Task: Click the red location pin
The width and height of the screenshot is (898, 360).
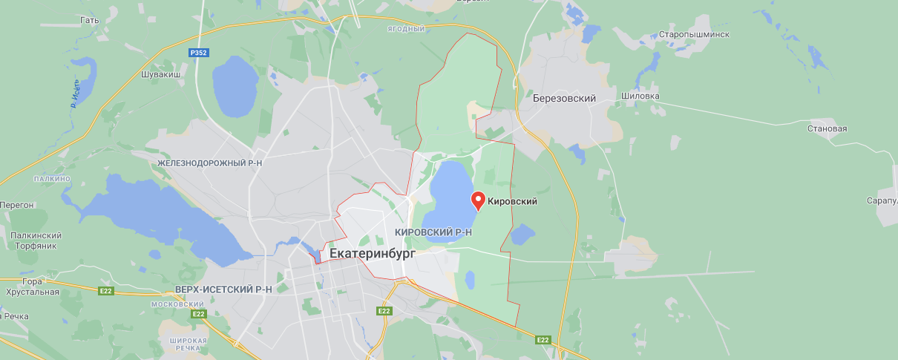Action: tap(479, 200)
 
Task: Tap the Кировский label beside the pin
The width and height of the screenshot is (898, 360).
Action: tap(512, 201)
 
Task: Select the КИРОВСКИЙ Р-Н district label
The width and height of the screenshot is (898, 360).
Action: tap(434, 232)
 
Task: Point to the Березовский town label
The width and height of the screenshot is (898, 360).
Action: tap(564, 98)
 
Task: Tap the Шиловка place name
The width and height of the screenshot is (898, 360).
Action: tap(640, 95)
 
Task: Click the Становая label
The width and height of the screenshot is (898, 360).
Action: tap(827, 128)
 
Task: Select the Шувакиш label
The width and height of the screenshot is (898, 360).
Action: tap(161, 74)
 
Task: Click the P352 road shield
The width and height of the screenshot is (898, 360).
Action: tap(198, 53)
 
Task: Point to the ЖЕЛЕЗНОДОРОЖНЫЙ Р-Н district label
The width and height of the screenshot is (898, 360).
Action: tap(210, 161)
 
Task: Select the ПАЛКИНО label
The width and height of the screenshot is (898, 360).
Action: tap(52, 179)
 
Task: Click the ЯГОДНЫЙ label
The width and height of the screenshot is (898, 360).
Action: tap(405, 29)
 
